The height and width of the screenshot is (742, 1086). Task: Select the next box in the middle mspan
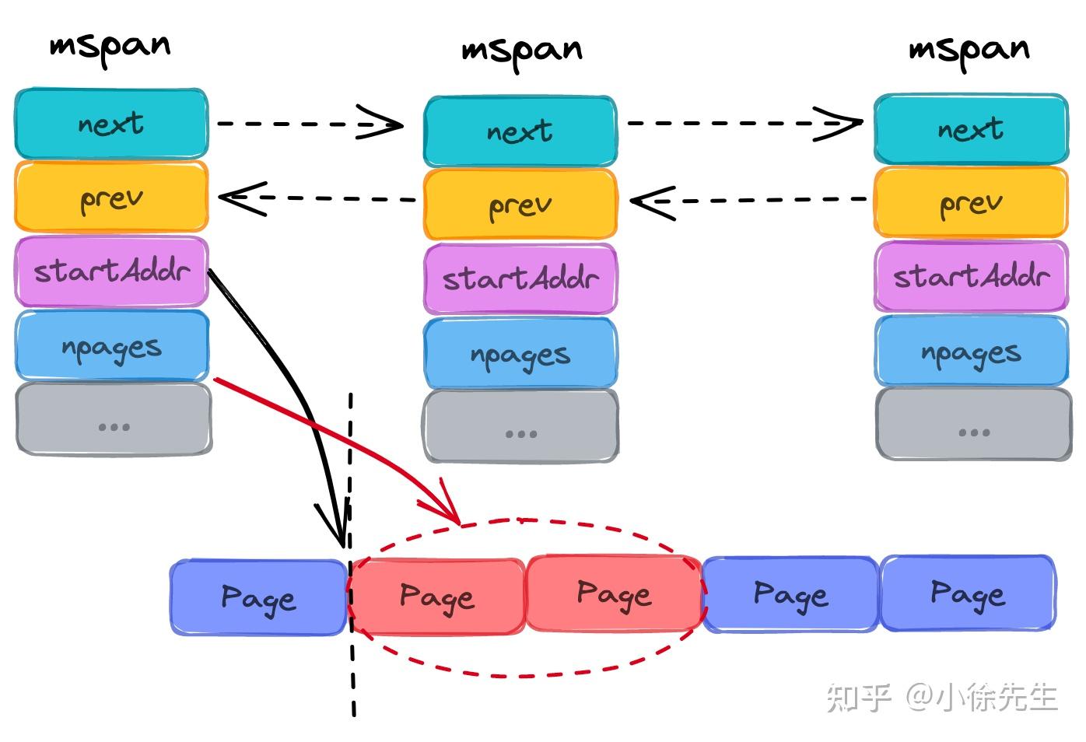click(x=520, y=131)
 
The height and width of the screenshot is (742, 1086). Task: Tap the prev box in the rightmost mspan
click(x=970, y=202)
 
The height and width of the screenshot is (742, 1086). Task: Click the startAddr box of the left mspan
click(x=111, y=271)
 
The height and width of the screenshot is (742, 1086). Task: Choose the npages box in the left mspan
click(x=111, y=346)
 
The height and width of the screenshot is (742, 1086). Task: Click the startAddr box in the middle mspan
click(x=520, y=278)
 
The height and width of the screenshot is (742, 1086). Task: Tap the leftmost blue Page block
click(x=258, y=597)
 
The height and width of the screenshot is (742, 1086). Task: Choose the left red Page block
click(x=436, y=597)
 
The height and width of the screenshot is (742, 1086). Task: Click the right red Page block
click(x=614, y=593)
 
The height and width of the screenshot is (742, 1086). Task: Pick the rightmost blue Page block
click(x=968, y=593)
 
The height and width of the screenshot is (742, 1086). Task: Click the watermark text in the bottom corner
click(x=941, y=697)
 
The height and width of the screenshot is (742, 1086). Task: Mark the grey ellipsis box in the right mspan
click(x=973, y=424)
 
